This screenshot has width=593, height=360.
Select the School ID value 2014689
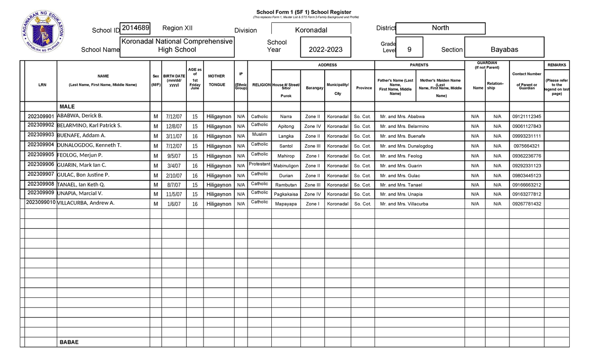[x=135, y=28]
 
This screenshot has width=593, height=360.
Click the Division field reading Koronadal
[x=311, y=30]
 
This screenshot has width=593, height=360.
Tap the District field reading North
[x=440, y=28]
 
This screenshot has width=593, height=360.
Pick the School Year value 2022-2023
[x=325, y=49]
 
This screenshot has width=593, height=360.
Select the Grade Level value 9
[x=409, y=49]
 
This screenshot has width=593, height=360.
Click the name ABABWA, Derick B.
[x=80, y=116]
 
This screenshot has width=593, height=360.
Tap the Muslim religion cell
[x=259, y=134]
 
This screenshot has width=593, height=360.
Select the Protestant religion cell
[x=259, y=163]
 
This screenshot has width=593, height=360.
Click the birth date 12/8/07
[x=174, y=126]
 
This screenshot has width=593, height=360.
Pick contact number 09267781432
[x=526, y=204]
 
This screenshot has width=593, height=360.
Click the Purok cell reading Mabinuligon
[x=286, y=166]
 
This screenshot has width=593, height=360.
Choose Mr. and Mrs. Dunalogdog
[x=407, y=146]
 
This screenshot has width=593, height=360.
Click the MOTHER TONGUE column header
[x=216, y=80]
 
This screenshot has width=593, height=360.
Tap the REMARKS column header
[x=556, y=65]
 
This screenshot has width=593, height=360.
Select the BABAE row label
[x=69, y=342]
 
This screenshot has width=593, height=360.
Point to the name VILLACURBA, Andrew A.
[x=86, y=203]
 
